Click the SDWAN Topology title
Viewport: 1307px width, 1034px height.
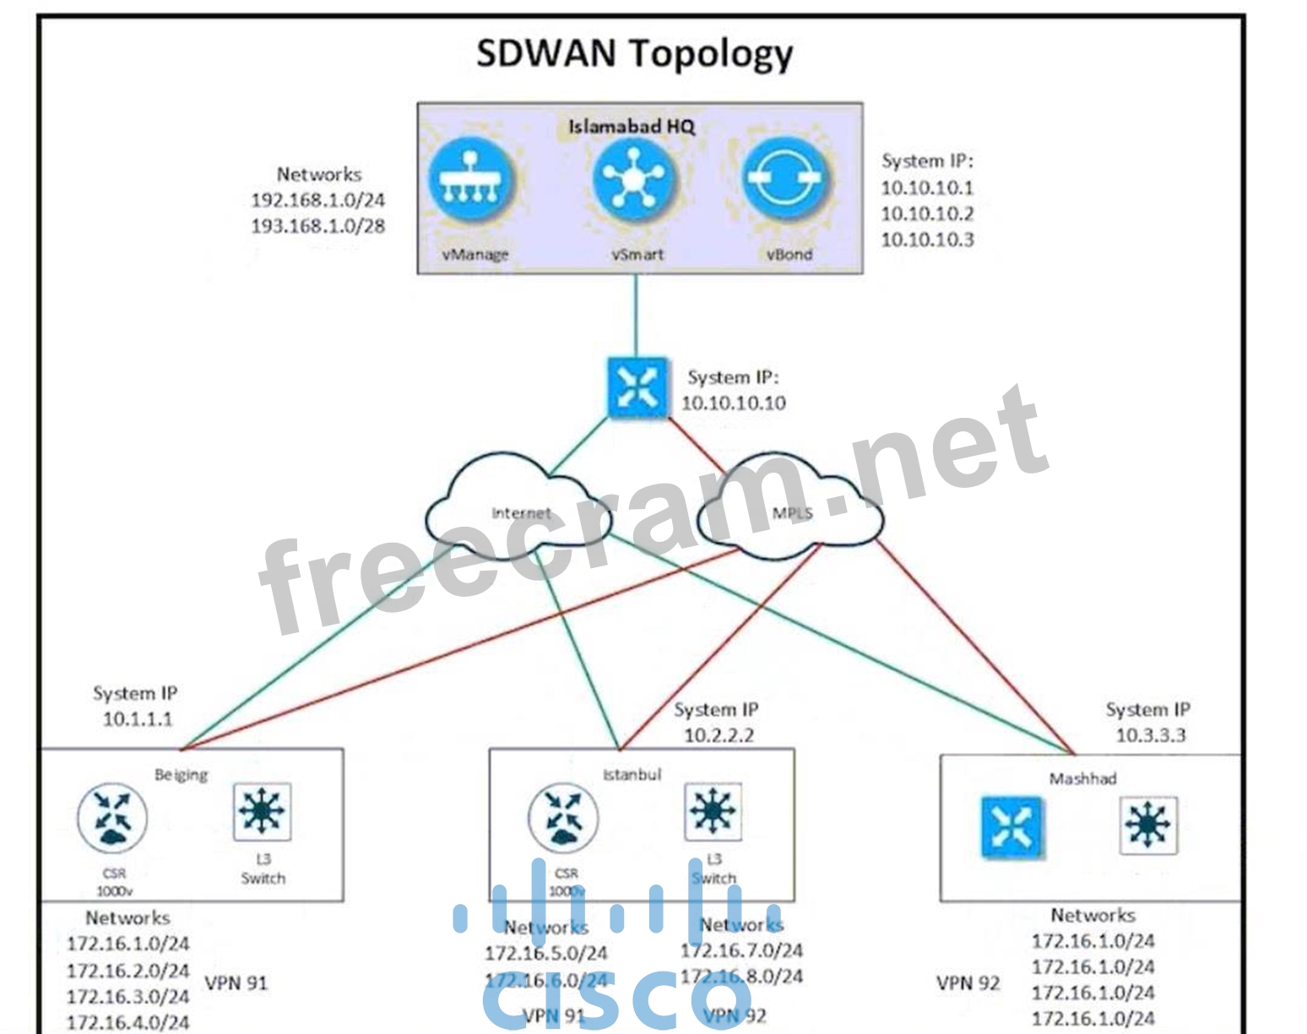pyautogui.click(x=634, y=53)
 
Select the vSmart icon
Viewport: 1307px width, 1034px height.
pyautogui.click(x=633, y=180)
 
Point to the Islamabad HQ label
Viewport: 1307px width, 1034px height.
pyautogui.click(x=632, y=127)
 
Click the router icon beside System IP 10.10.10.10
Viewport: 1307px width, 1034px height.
pyautogui.click(x=637, y=388)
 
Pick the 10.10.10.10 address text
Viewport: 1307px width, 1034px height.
pyautogui.click(x=733, y=403)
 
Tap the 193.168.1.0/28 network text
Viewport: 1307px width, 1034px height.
pyautogui.click(x=318, y=226)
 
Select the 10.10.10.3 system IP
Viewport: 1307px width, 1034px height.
pyautogui.click(x=927, y=240)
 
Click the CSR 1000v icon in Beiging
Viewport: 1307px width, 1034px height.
pyautogui.click(x=112, y=817)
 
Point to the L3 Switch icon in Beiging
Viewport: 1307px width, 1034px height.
pyautogui.click(x=263, y=812)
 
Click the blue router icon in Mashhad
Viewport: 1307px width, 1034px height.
pyautogui.click(x=1011, y=826)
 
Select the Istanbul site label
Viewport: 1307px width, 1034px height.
pyautogui.click(x=632, y=774)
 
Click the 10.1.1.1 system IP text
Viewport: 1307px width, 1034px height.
pyautogui.click(x=138, y=719)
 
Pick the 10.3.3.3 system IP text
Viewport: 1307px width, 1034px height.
pyautogui.click(x=1150, y=735)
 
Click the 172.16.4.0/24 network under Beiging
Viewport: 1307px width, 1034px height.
pyautogui.click(x=127, y=1022)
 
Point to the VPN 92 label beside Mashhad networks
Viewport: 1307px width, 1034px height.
pyautogui.click(x=968, y=983)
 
